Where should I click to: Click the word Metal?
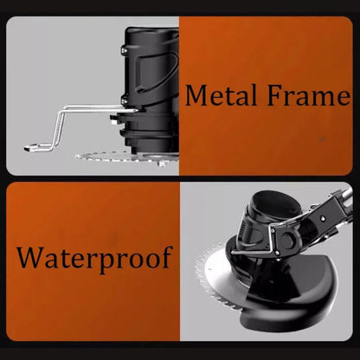coord(221,95)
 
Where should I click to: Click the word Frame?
coord(309,95)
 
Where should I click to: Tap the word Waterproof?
coord(94,259)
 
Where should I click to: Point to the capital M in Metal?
coord(198,95)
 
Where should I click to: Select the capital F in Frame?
coord(275,95)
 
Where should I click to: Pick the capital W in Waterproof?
coord(31,257)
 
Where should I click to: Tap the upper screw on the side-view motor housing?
coord(124,50)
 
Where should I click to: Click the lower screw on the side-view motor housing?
coord(125,100)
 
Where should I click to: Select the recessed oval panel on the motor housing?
coord(155,72)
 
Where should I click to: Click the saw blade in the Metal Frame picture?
coord(127,157)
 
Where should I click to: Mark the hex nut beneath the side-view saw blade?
coord(163,164)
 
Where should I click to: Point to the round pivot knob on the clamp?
coord(287,239)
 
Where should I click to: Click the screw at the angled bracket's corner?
coord(277,253)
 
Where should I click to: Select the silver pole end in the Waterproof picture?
coord(347,195)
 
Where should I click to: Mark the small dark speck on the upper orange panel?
coord(322,139)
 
